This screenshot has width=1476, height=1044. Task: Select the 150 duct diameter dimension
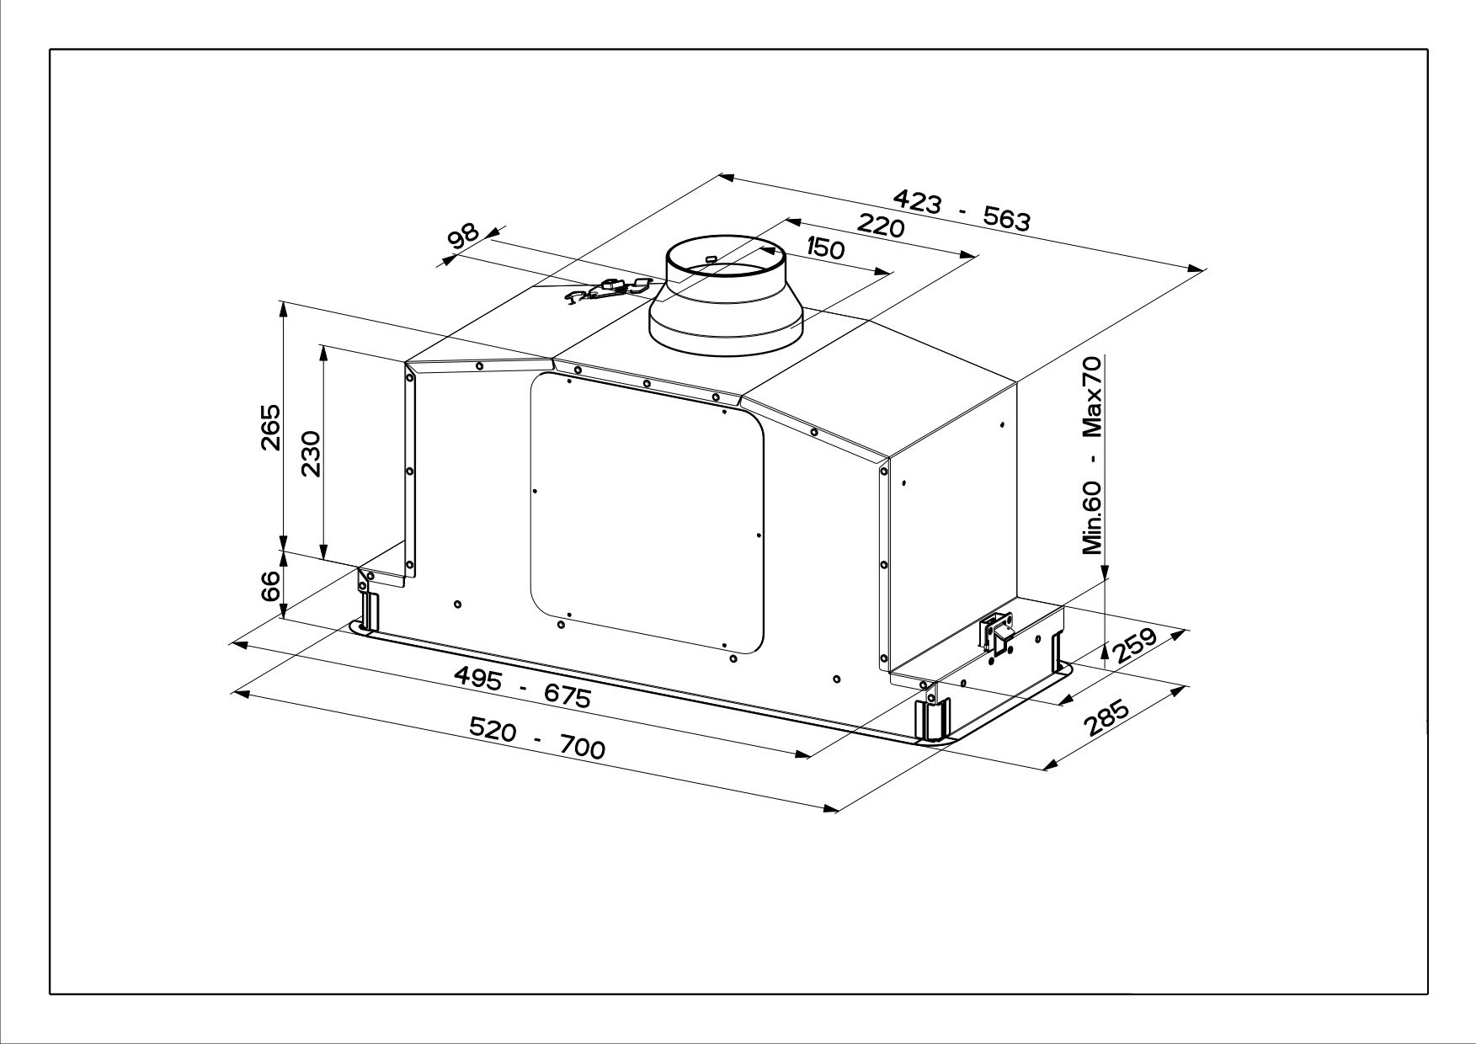(x=824, y=248)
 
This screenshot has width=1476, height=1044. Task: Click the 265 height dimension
(x=269, y=428)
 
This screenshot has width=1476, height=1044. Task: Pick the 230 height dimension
(x=311, y=454)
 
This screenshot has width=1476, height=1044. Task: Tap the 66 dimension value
(x=270, y=586)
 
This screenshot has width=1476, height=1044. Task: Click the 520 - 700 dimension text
(x=536, y=738)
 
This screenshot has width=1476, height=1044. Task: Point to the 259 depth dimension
(x=1136, y=646)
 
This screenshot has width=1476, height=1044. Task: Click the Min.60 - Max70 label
(x=1092, y=455)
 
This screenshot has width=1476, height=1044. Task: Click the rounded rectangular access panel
(x=647, y=514)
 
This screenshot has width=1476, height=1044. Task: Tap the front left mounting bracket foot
(x=369, y=607)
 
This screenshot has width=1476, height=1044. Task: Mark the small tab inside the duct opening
(x=711, y=258)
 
